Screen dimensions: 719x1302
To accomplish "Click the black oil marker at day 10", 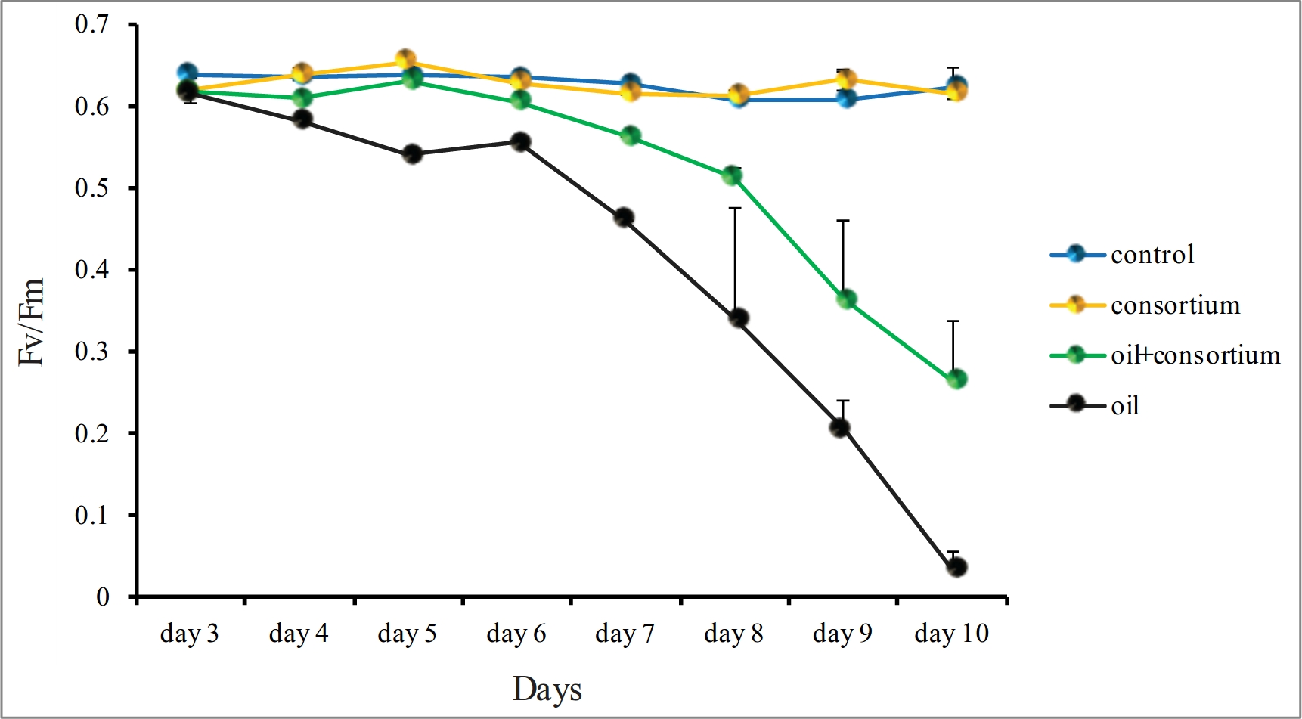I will [x=956, y=567].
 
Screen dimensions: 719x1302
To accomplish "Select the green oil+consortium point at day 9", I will [x=846, y=299].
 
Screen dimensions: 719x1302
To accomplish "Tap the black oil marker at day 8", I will [x=739, y=318].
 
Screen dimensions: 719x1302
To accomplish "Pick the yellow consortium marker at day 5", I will [x=405, y=59].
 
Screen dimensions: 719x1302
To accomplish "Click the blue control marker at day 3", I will [x=188, y=73].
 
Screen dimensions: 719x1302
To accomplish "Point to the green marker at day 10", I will [x=956, y=379].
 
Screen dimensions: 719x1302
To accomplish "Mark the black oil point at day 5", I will [x=412, y=154].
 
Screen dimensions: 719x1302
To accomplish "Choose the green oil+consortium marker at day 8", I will [x=731, y=176].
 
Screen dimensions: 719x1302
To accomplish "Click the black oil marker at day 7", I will [x=624, y=218].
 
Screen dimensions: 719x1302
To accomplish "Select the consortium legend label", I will [x=1175, y=305].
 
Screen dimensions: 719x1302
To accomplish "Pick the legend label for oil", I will [x=1124, y=406].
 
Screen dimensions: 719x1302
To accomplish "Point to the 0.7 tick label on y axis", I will [x=91, y=25].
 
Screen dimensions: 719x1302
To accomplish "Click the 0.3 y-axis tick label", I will [x=91, y=352].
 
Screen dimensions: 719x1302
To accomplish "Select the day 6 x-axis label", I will [x=516, y=634].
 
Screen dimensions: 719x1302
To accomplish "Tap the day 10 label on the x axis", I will [x=951, y=634].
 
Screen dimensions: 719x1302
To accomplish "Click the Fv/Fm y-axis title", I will [x=32, y=321].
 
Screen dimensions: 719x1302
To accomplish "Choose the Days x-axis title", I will [x=547, y=690].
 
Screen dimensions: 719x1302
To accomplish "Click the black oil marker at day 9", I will [x=839, y=427].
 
